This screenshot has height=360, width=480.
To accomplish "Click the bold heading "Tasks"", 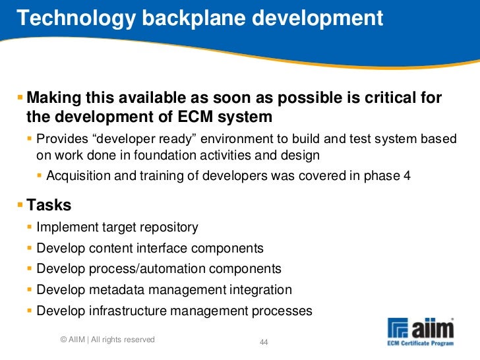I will tap(49, 205).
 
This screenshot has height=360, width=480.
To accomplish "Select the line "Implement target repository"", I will tap(117, 227).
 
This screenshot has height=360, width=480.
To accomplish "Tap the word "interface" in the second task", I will tap(175, 249).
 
